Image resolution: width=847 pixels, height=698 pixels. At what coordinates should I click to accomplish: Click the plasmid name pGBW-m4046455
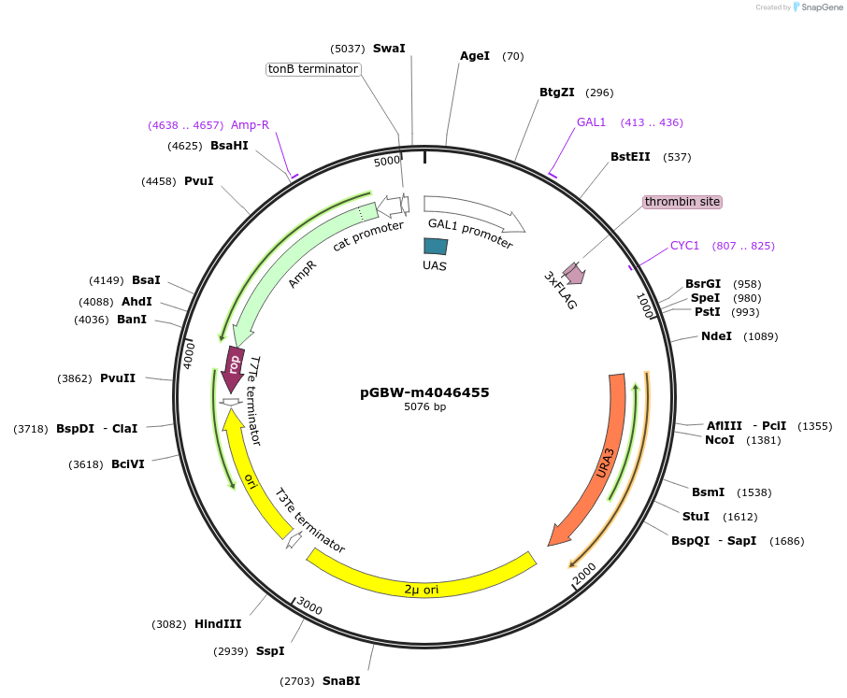pyautogui.click(x=424, y=392)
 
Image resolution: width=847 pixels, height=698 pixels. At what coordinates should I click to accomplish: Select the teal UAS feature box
pyautogui.click(x=436, y=247)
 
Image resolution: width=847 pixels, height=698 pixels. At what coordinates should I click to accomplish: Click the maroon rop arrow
pyautogui.click(x=234, y=363)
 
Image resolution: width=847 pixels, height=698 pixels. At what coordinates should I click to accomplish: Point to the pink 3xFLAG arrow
pyautogui.click(x=570, y=273)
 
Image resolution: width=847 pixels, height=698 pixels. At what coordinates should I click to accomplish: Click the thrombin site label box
pyautogui.click(x=682, y=202)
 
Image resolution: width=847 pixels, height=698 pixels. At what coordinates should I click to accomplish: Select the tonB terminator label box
pyautogui.click(x=313, y=69)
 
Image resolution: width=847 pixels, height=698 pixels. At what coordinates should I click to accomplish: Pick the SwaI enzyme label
pyautogui.click(x=389, y=49)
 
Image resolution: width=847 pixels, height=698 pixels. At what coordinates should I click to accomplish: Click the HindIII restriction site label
pyautogui.click(x=218, y=624)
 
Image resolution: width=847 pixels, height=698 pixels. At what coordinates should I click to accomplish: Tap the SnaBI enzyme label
pyautogui.click(x=341, y=681)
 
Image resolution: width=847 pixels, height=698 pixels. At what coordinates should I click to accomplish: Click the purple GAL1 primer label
pyautogui.click(x=591, y=122)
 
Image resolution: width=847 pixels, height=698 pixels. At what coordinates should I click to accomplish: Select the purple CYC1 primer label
pyautogui.click(x=684, y=246)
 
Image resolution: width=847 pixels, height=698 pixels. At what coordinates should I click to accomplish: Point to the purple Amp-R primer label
pyautogui.click(x=250, y=125)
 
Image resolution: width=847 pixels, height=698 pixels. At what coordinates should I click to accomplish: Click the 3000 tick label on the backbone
pyautogui.click(x=309, y=607)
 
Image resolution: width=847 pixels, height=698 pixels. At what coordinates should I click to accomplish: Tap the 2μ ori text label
pyautogui.click(x=421, y=590)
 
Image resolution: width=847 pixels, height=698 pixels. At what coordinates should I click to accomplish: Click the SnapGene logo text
pyautogui.click(x=822, y=7)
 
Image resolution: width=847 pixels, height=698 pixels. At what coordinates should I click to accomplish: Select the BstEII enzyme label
pyautogui.click(x=630, y=157)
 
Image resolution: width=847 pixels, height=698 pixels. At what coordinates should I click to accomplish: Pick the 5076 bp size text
pyautogui.click(x=424, y=407)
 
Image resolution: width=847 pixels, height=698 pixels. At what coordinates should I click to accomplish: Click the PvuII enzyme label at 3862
pyautogui.click(x=118, y=378)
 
